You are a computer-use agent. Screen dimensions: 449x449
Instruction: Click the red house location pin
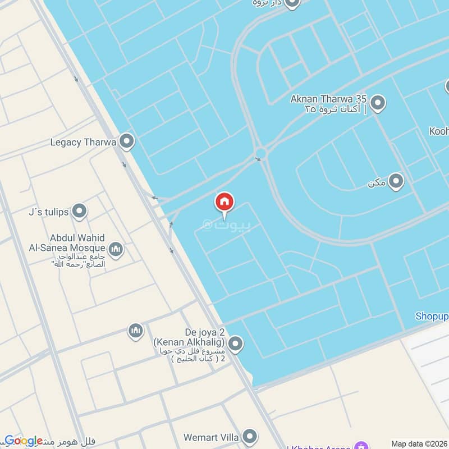point(224,203)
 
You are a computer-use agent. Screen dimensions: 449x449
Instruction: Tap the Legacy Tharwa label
point(83,142)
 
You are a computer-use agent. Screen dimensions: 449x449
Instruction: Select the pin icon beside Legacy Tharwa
point(127,142)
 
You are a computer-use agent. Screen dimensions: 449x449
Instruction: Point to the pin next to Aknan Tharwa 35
point(378,104)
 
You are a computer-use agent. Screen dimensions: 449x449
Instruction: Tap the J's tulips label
point(48,212)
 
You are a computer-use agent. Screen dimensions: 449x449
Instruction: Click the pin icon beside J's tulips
point(80,212)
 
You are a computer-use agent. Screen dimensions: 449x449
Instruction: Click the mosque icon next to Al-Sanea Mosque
point(116,249)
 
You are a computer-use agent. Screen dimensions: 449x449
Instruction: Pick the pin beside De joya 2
point(236,343)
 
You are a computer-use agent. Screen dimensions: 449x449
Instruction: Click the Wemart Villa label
point(212,437)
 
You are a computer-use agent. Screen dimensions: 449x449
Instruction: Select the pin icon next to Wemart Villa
point(250,437)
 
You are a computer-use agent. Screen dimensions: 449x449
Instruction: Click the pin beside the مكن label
point(396,181)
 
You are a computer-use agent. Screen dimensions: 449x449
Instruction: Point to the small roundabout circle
point(260,153)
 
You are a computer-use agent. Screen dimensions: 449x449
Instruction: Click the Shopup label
point(432,316)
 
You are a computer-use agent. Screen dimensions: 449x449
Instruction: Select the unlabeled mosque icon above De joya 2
point(135,331)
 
